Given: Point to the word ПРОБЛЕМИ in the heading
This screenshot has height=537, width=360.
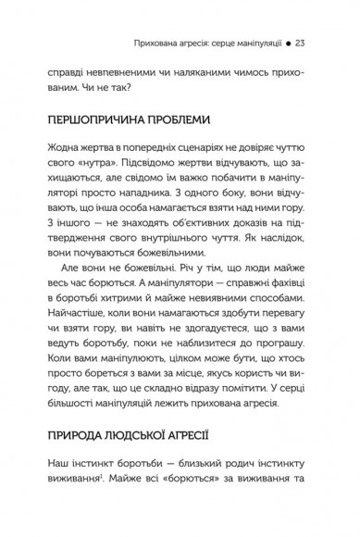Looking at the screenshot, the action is [191, 120].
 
